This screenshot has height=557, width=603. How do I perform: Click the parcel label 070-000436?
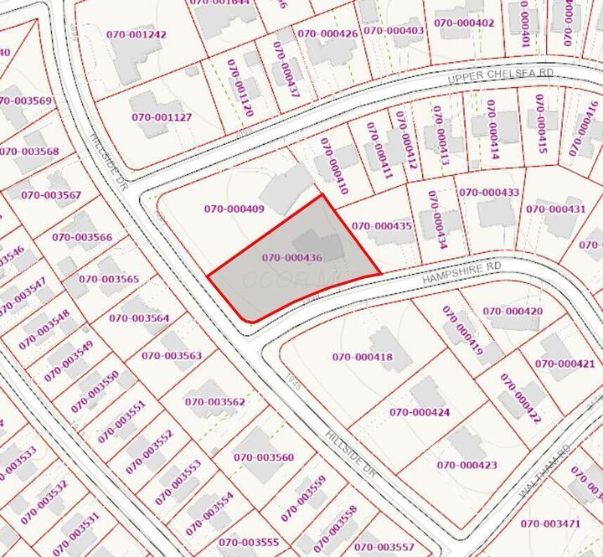point(291,258)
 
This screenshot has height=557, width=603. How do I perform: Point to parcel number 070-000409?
point(234,209)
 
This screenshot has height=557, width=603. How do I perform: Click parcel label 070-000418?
point(363,357)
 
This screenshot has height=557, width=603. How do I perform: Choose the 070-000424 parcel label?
point(420,412)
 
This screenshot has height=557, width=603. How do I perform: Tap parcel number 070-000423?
point(467,465)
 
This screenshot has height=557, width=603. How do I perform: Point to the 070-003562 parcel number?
point(215,402)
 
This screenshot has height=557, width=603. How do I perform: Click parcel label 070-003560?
point(264,457)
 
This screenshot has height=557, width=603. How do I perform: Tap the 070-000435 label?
point(382,226)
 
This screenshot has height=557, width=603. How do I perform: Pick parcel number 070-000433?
point(489,193)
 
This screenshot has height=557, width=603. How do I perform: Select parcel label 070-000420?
point(513,312)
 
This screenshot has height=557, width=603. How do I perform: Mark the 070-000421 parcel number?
point(564,364)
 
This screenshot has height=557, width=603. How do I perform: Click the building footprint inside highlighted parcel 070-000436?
point(319,245)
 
